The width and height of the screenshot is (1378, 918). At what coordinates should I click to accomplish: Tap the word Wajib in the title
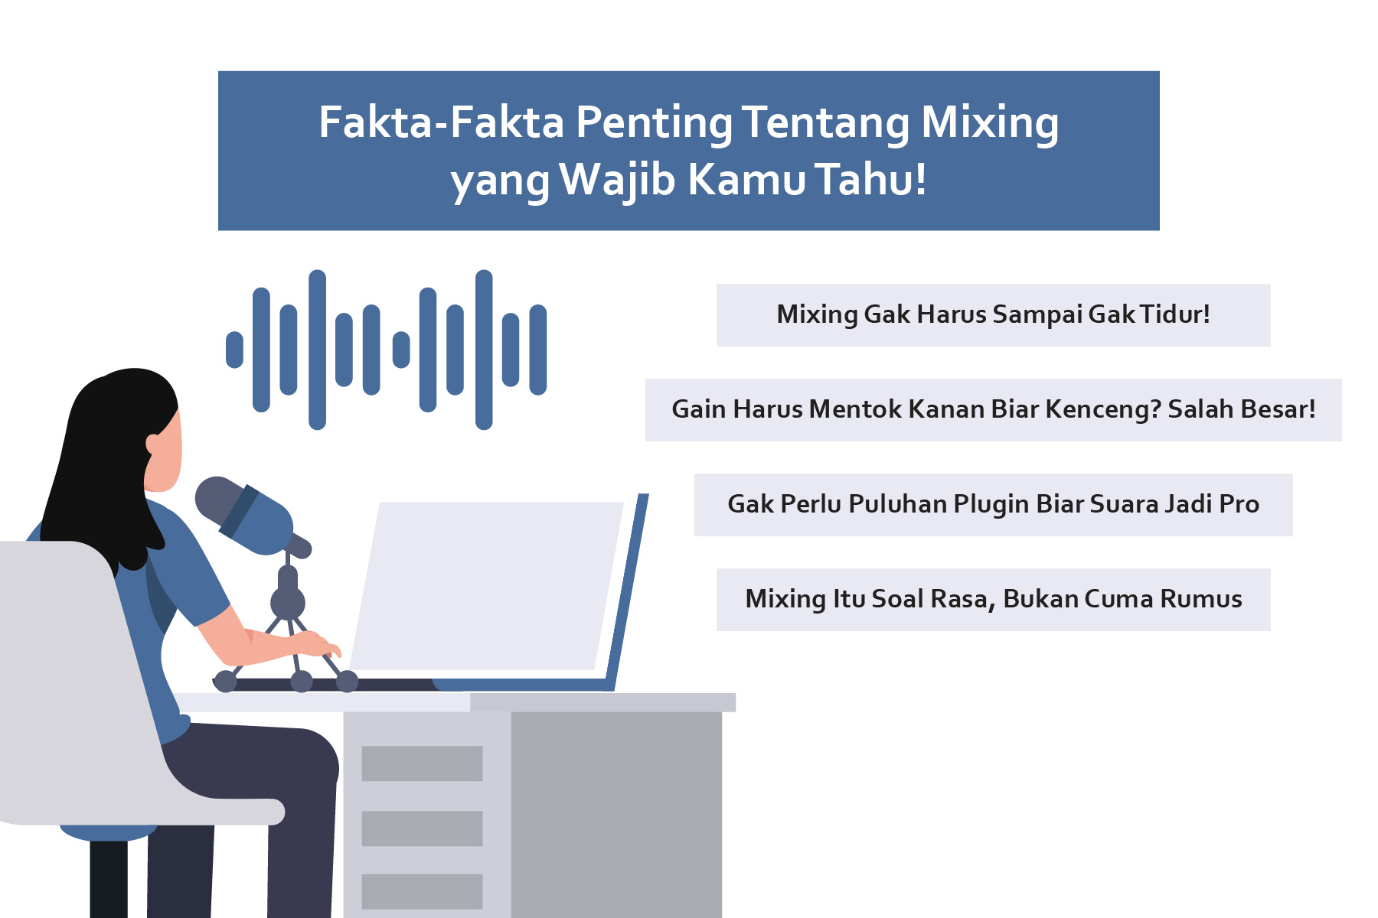tap(617, 181)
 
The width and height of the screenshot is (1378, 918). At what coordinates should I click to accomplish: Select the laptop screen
tap(487, 585)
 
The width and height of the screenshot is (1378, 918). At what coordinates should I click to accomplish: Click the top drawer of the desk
tap(422, 763)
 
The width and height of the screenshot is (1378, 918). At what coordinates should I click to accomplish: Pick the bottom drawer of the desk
tap(422, 892)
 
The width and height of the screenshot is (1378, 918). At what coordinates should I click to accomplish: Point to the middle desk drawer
tap(422, 828)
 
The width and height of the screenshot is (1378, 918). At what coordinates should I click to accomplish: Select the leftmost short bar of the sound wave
tap(234, 350)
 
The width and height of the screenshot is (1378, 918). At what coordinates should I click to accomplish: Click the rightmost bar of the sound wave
tap(538, 350)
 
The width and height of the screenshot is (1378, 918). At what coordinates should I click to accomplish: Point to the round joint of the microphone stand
tap(288, 603)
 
